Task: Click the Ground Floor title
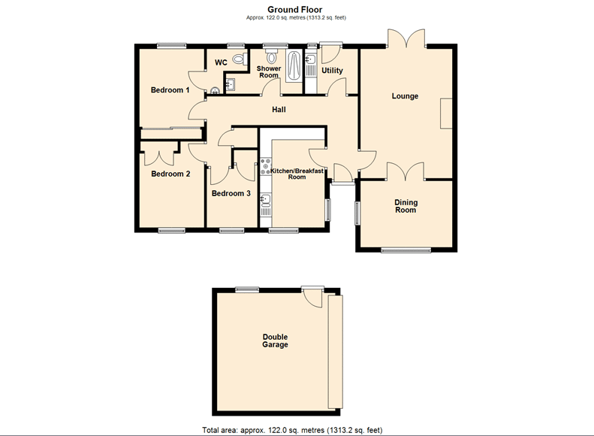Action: (294, 10)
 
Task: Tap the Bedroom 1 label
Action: (170, 90)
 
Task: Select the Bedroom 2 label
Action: (170, 174)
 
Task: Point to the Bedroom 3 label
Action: (231, 193)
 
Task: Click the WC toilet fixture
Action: (240, 59)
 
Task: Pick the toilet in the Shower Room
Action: (271, 56)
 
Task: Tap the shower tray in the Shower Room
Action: (293, 65)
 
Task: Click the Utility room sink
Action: (311, 59)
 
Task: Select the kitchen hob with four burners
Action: (266, 167)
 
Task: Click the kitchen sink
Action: (266, 199)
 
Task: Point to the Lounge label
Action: (405, 96)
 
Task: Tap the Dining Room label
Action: (406, 206)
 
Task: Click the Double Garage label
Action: (275, 341)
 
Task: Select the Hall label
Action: (279, 110)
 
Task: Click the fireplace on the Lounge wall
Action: (446, 114)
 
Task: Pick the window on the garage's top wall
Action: (247, 289)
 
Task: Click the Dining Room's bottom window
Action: (406, 250)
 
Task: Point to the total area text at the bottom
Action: (292, 430)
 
